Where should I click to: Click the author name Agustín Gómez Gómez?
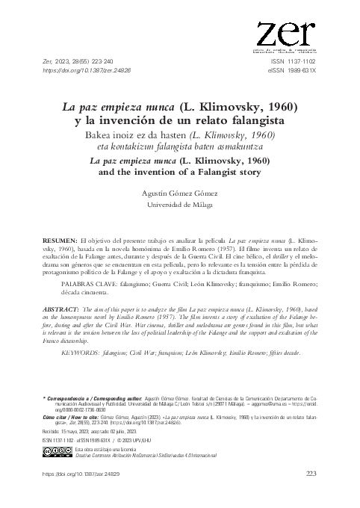[179, 192]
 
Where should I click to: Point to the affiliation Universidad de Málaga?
[179, 203]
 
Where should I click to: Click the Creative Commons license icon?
[54, 453]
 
